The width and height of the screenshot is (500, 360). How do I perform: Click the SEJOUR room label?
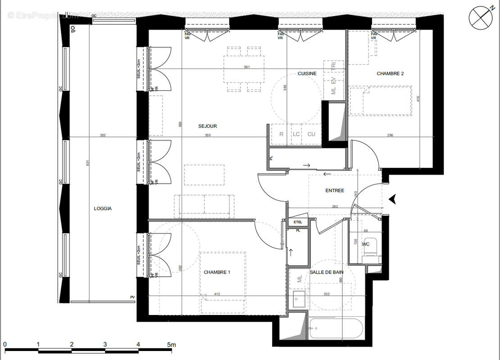click(208, 126)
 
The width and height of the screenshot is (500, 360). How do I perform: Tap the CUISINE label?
click(307, 73)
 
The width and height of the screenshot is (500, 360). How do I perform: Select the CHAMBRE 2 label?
click(390, 73)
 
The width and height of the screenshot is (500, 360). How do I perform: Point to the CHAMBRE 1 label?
click(217, 272)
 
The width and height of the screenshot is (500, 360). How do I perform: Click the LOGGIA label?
click(103, 208)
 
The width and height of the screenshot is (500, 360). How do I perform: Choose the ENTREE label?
click(334, 190)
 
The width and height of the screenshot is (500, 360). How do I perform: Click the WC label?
click(366, 244)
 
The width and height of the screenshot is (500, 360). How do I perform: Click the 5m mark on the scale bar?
click(171, 344)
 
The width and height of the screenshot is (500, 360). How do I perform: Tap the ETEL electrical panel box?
click(298, 222)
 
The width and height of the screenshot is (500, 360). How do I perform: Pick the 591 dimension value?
click(246, 67)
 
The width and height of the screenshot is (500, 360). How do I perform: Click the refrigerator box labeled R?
click(281, 134)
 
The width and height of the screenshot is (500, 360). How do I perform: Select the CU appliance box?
click(311, 134)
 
